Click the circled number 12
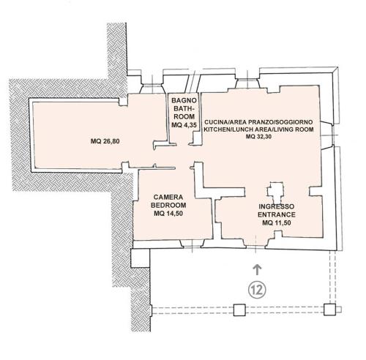pos(257,290)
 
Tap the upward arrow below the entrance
pos(257,269)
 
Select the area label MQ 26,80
pos(105,141)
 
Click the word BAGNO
pos(184,100)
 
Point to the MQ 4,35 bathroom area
pos(184,125)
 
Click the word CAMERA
pos(168,197)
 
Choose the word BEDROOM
pos(168,205)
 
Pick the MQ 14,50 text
pos(168,214)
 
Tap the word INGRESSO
pos(277,206)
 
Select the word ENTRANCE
pos(277,214)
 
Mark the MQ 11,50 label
pos(277,222)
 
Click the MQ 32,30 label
pos(258,137)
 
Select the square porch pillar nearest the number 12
pos(239,310)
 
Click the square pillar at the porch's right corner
pos(330,310)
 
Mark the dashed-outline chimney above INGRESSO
pos(275,190)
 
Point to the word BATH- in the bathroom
pos(184,108)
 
